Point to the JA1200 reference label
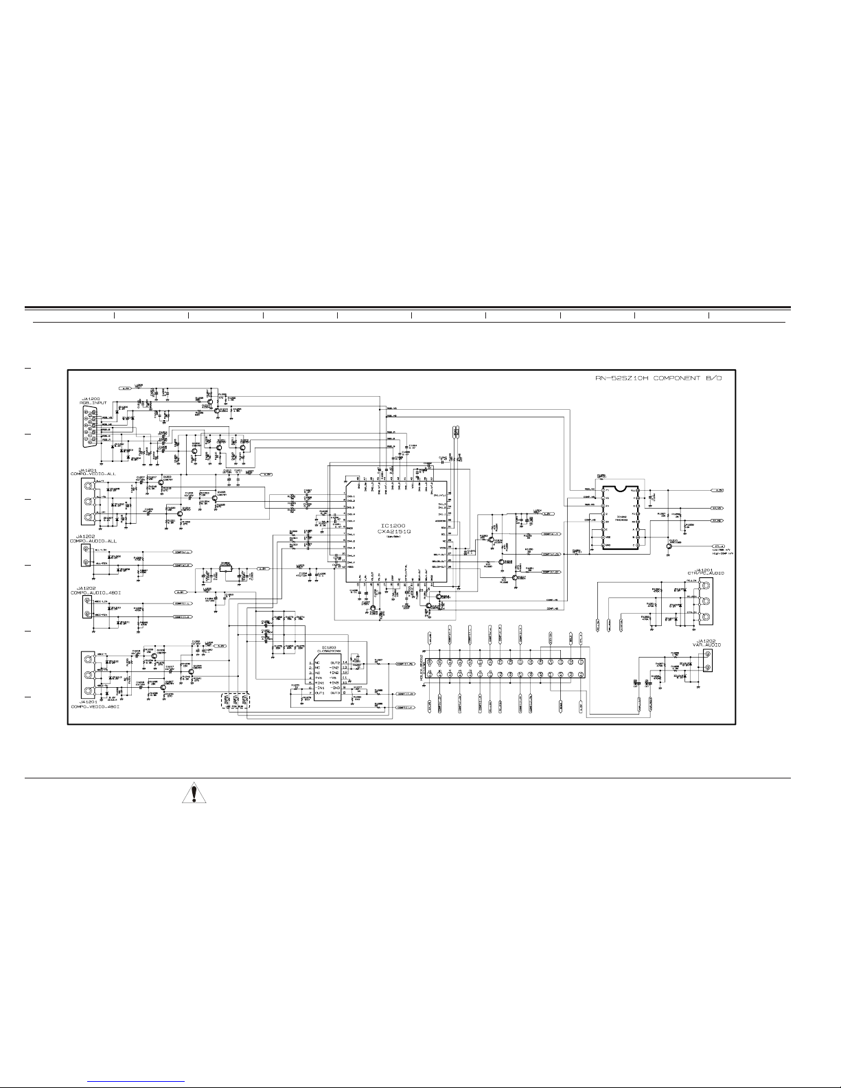tap(91, 398)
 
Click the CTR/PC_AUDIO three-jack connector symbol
tap(706, 597)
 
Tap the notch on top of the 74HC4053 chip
tap(621, 489)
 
